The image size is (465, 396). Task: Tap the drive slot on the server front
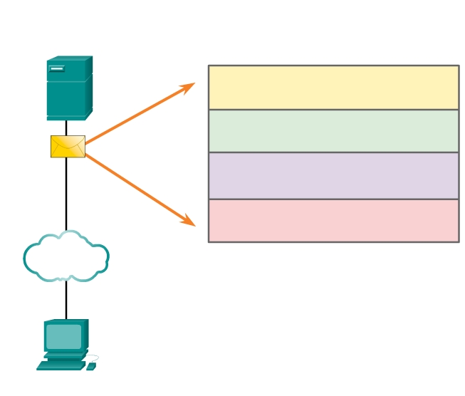tap(57, 68)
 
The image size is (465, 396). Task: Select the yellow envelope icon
tap(68, 147)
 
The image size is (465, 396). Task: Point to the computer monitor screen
tap(63, 336)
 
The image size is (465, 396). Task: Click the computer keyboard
tap(61, 365)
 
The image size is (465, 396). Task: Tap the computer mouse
tap(91, 366)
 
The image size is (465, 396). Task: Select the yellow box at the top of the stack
tap(333, 87)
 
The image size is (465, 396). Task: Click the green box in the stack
tap(333, 131)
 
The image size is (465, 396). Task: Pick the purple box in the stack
tap(333, 176)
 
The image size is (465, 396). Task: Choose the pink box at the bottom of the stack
tap(333, 221)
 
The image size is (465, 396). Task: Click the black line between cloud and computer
tap(66, 299)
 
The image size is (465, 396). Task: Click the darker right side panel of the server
tap(89, 88)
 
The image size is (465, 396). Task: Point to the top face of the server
tap(69, 59)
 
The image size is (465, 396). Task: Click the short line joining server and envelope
tap(66, 127)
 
